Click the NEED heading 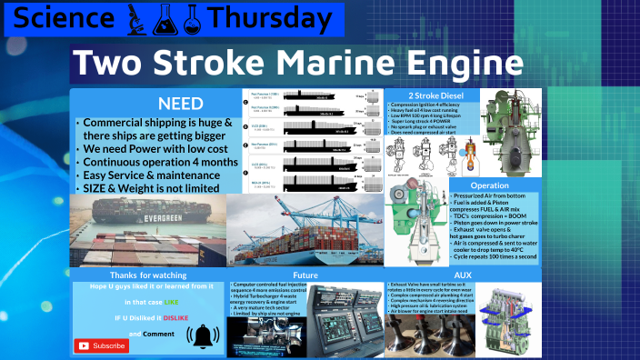(x=179, y=103)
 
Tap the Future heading (x=305, y=274)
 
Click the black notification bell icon (x=203, y=335)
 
